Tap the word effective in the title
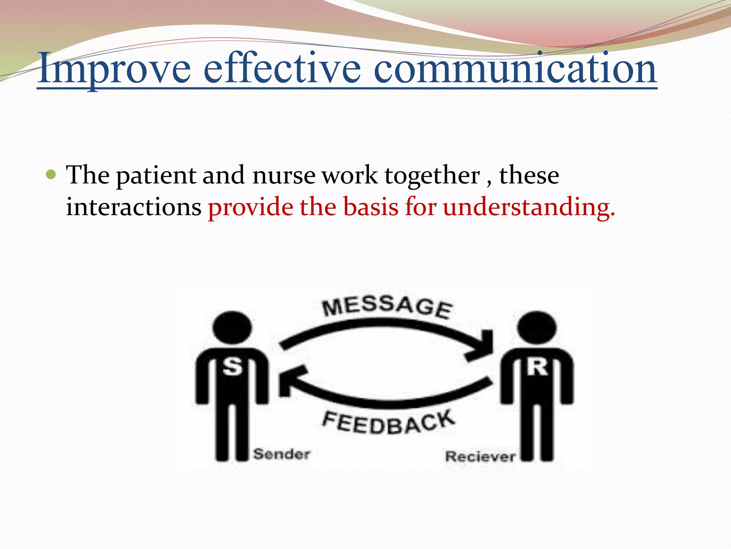coord(282,68)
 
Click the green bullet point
coord(51,175)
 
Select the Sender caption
coord(282,454)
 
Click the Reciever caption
coord(480,456)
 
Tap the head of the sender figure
coord(232,327)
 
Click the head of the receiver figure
coord(537,327)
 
